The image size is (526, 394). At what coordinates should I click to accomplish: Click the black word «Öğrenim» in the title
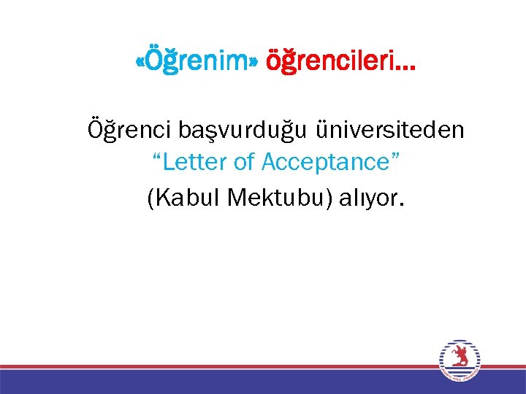coord(197,63)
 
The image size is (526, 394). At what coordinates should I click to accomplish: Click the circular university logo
coord(460,360)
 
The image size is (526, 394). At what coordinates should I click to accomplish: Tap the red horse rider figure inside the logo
coord(460,357)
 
